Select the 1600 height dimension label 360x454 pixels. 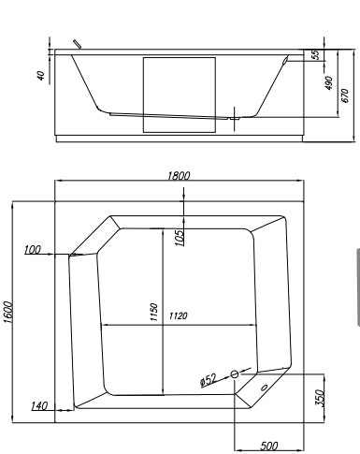tap(7, 310)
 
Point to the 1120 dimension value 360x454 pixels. tap(180, 316)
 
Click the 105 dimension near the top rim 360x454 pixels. tap(178, 234)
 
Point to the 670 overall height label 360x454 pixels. tap(345, 94)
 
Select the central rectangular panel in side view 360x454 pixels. tap(179, 94)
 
